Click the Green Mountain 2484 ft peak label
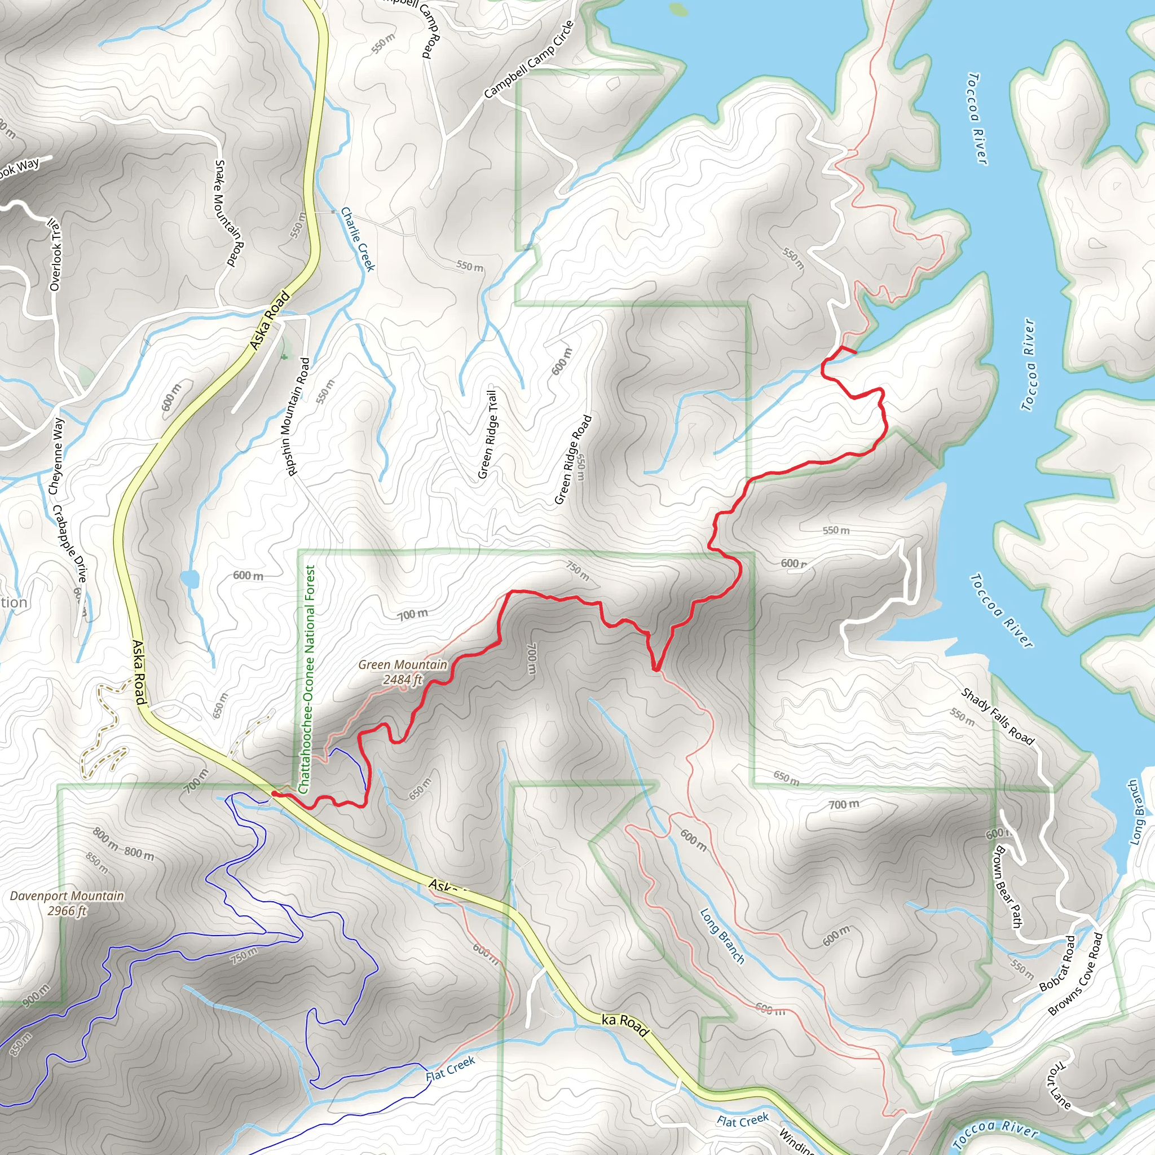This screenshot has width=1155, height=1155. coord(402,672)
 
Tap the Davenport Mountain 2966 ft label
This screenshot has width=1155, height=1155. coord(67,903)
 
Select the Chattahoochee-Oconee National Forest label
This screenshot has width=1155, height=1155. coord(309,680)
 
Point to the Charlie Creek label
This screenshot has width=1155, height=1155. coord(358,239)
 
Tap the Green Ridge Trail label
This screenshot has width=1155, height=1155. coord(487,434)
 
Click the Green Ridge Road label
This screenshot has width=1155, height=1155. coord(573,460)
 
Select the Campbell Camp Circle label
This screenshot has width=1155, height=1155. coord(529,59)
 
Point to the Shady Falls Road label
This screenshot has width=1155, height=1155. coord(997,716)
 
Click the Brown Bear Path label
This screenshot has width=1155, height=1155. coord(1007,887)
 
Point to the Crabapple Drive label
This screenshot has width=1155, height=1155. coord(70,544)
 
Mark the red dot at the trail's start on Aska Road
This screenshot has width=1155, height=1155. coord(274,793)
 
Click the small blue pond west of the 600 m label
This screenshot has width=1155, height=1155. coord(189,579)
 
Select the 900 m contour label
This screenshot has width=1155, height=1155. coord(37,995)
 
